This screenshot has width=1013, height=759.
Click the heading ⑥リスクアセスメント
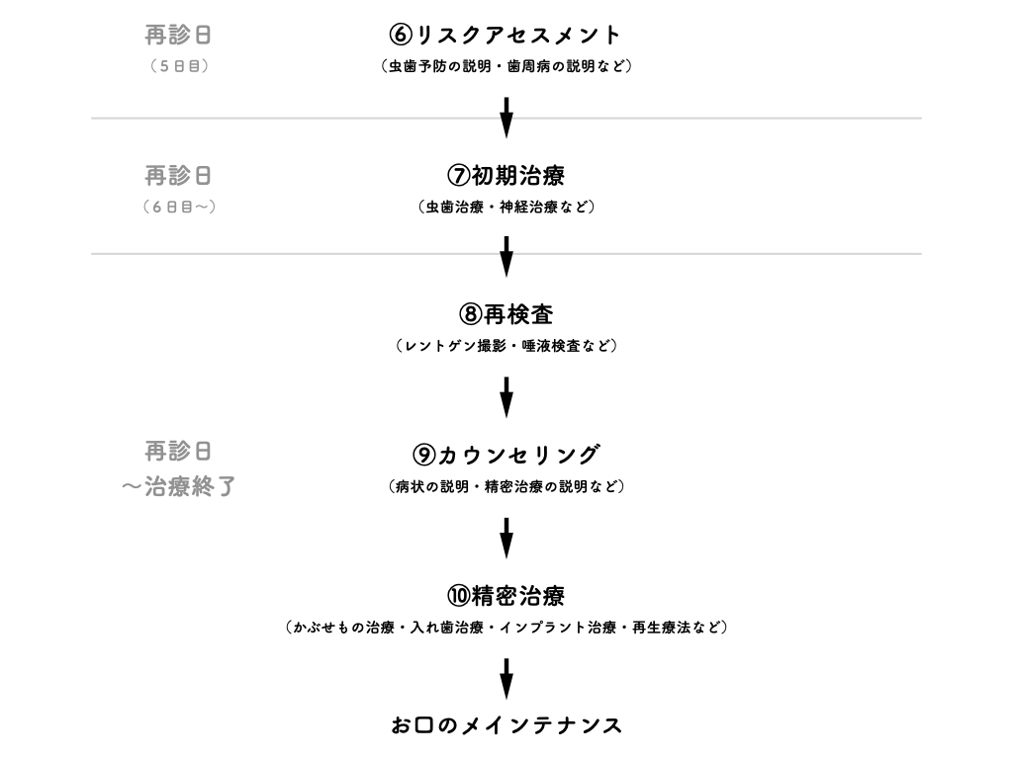pyautogui.click(x=506, y=35)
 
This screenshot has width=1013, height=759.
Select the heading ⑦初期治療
pyautogui.click(x=506, y=176)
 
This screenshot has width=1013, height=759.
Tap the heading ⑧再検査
pyautogui.click(x=506, y=315)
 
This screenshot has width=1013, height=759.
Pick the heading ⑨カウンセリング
pyautogui.click(x=506, y=455)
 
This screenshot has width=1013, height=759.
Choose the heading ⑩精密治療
pyautogui.click(x=506, y=596)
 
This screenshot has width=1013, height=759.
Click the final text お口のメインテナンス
pyautogui.click(x=506, y=725)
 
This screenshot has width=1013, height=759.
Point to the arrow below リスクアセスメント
pyautogui.click(x=506, y=118)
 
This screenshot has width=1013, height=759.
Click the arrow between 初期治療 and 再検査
pyautogui.click(x=506, y=257)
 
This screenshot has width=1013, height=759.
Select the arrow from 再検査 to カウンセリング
pyautogui.click(x=506, y=397)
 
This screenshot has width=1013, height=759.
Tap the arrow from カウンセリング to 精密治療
pyautogui.click(x=506, y=539)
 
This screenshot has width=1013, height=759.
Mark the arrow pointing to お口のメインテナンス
pyautogui.click(x=506, y=679)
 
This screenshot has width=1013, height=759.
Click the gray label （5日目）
pyautogui.click(x=179, y=66)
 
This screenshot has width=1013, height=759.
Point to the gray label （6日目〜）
pyautogui.click(x=179, y=208)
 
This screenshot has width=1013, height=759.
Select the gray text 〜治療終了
pyautogui.click(x=179, y=486)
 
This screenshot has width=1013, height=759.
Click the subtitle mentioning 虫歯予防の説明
pyautogui.click(x=506, y=66)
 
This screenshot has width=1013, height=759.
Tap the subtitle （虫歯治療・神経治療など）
pyautogui.click(x=506, y=208)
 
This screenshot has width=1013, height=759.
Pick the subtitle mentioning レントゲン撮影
pyautogui.click(x=506, y=347)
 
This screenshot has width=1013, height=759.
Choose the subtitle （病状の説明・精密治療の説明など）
pyautogui.click(x=506, y=486)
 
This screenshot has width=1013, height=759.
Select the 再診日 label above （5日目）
pyautogui.click(x=178, y=35)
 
